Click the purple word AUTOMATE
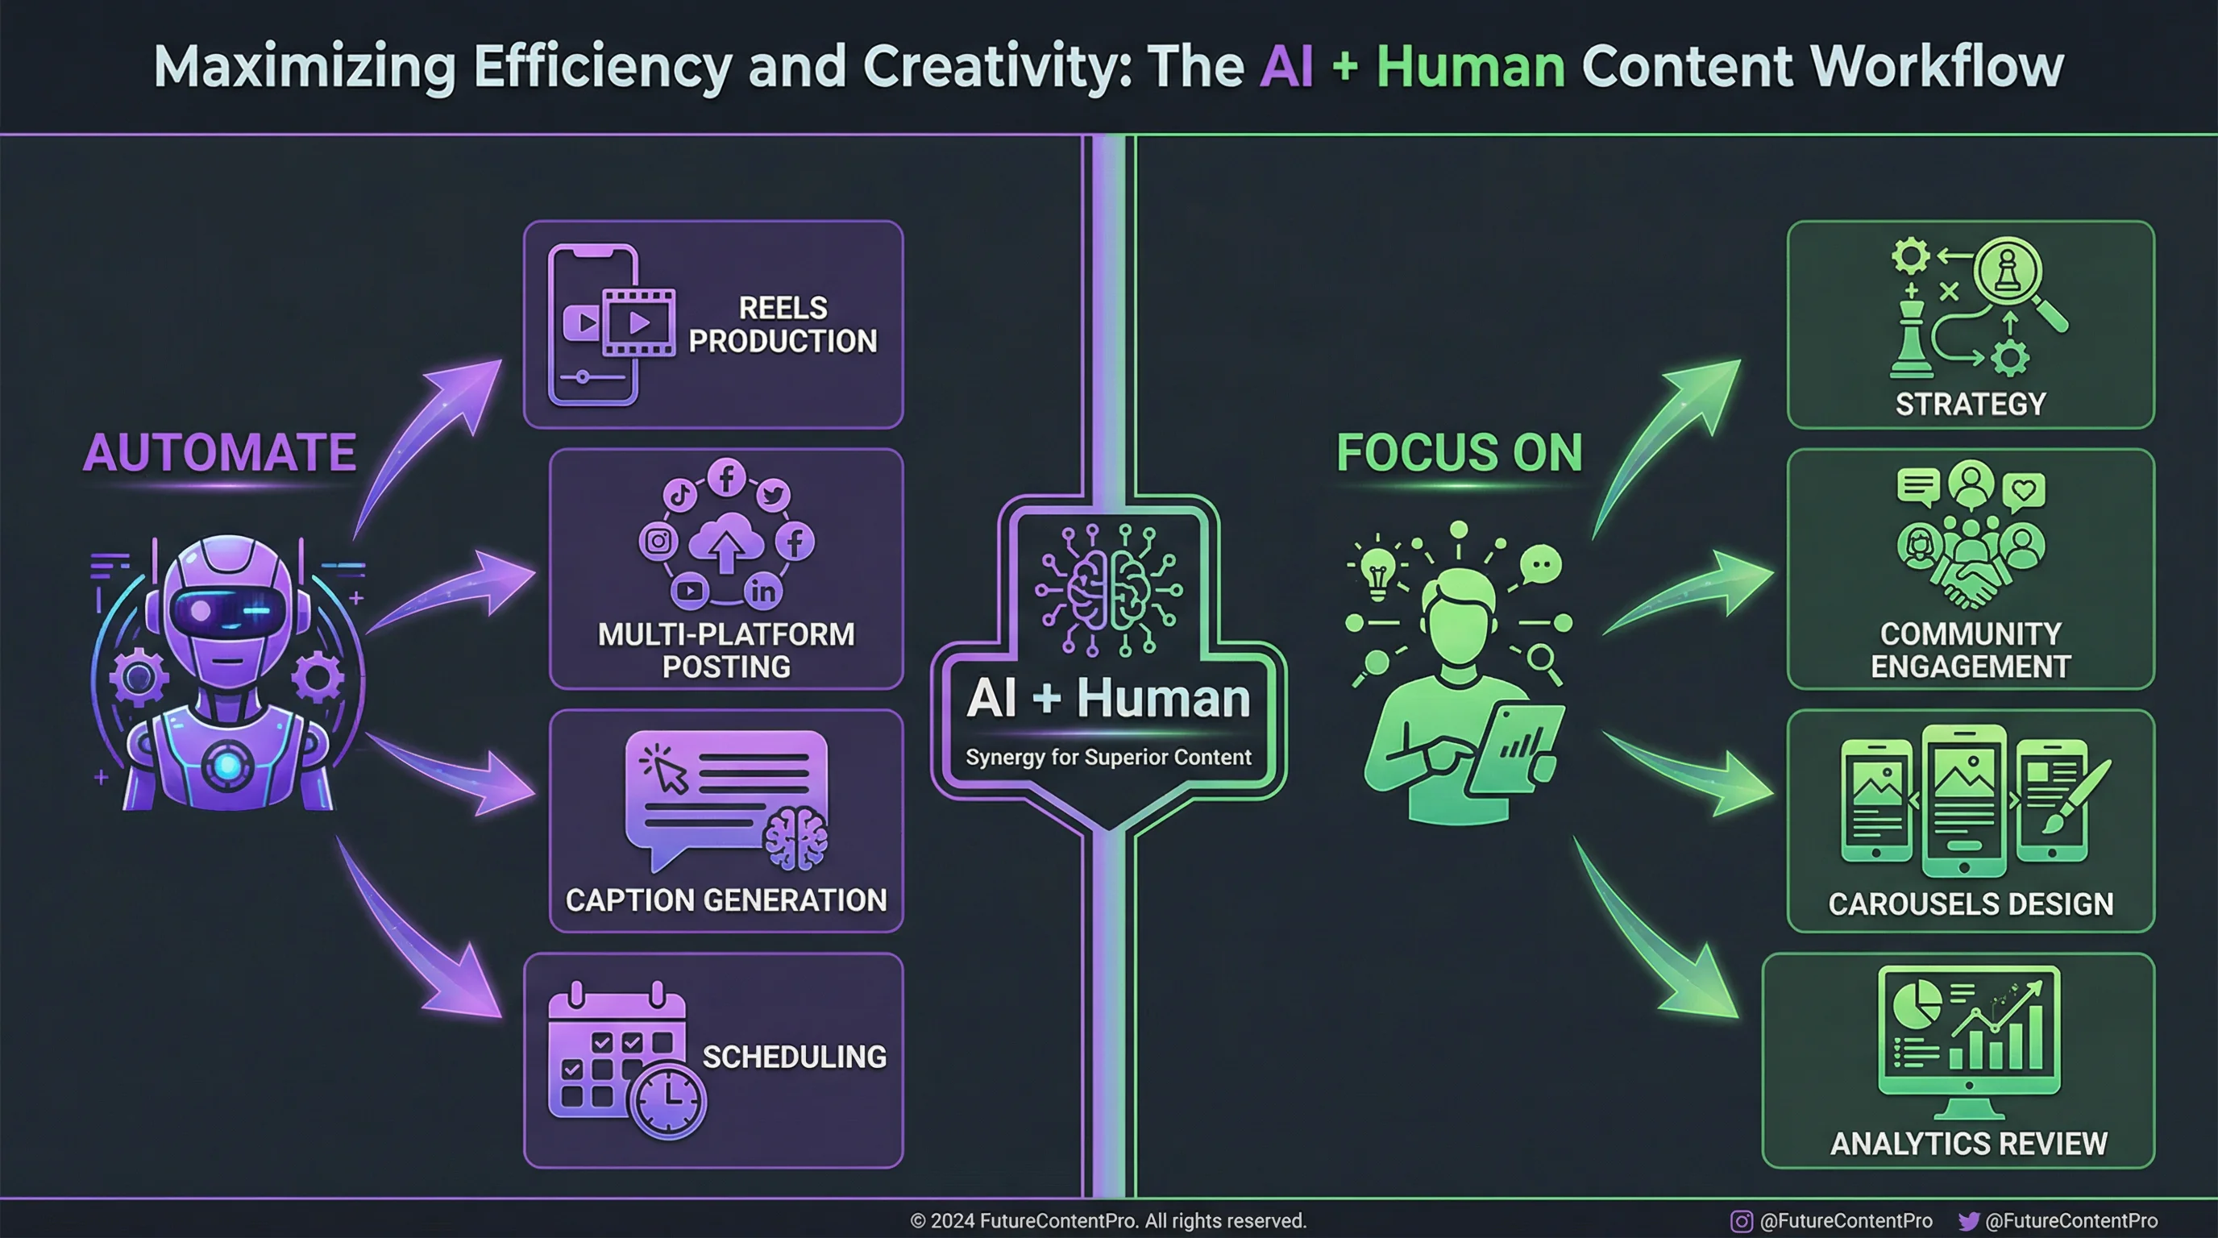coord(219,453)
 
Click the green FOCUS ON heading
coord(1460,453)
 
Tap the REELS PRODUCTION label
coord(783,325)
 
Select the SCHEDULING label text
coord(794,1057)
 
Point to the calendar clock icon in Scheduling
coord(667,1101)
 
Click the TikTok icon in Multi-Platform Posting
coord(679,495)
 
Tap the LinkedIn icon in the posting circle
coord(763,591)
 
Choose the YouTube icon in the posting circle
coord(690,591)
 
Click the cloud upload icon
coord(726,542)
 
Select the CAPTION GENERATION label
coord(726,899)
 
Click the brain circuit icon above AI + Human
coord(1109,590)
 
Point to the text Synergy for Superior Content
coord(1108,757)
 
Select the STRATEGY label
coord(1970,404)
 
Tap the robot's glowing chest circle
coord(227,765)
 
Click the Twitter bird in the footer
coord(1968,1221)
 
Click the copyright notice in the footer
coord(1108,1221)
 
